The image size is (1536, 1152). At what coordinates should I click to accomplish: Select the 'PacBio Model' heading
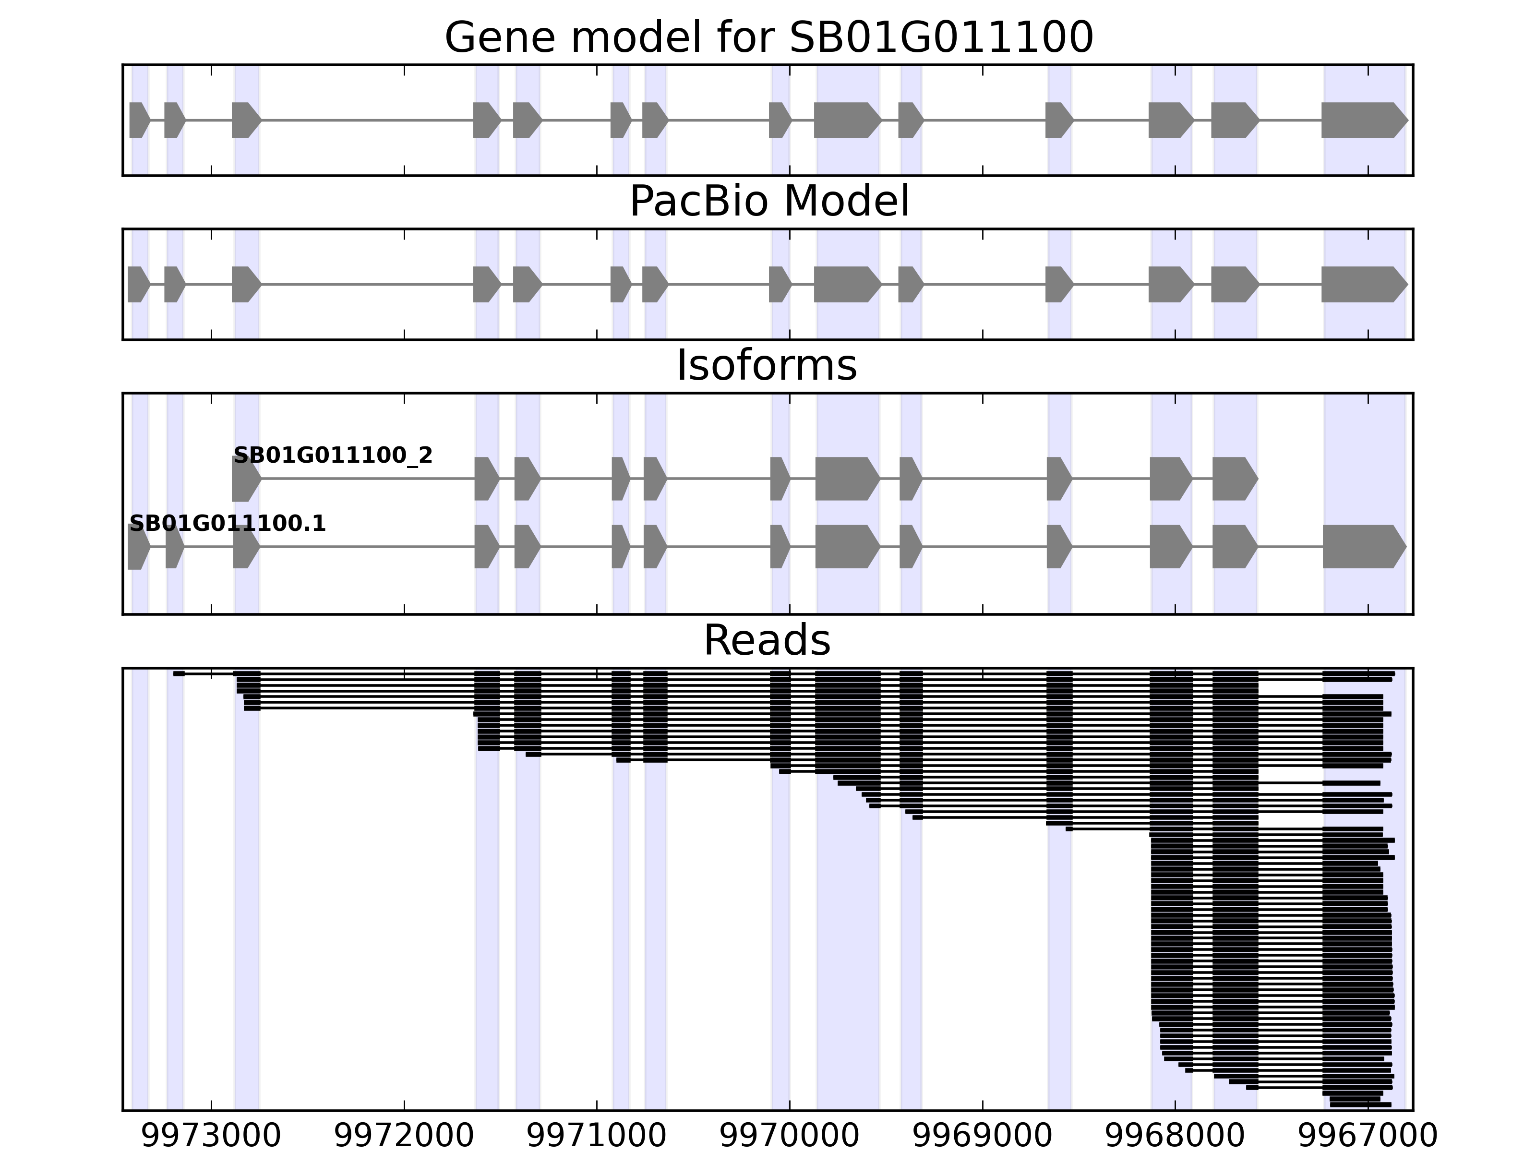768,202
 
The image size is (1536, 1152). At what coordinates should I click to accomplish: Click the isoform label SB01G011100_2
333,456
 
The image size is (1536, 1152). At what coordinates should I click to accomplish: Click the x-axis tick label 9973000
211,1136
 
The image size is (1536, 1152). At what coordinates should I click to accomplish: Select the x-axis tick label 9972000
404,1136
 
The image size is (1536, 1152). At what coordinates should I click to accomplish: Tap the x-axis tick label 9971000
597,1136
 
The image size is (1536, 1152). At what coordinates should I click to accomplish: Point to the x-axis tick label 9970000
790,1136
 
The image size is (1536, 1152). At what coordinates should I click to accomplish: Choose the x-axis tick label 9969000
982,1136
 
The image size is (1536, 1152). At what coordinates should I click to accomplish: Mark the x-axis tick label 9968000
1175,1136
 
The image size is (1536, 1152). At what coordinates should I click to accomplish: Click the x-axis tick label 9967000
1367,1136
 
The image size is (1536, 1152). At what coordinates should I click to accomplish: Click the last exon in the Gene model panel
1362,120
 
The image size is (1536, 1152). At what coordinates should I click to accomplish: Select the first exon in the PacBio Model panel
138,284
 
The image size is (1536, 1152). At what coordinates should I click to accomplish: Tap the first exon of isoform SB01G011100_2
245,479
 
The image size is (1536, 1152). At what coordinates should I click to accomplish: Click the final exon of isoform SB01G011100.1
1362,547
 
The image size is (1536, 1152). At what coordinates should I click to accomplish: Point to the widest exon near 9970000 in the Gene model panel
846,120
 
